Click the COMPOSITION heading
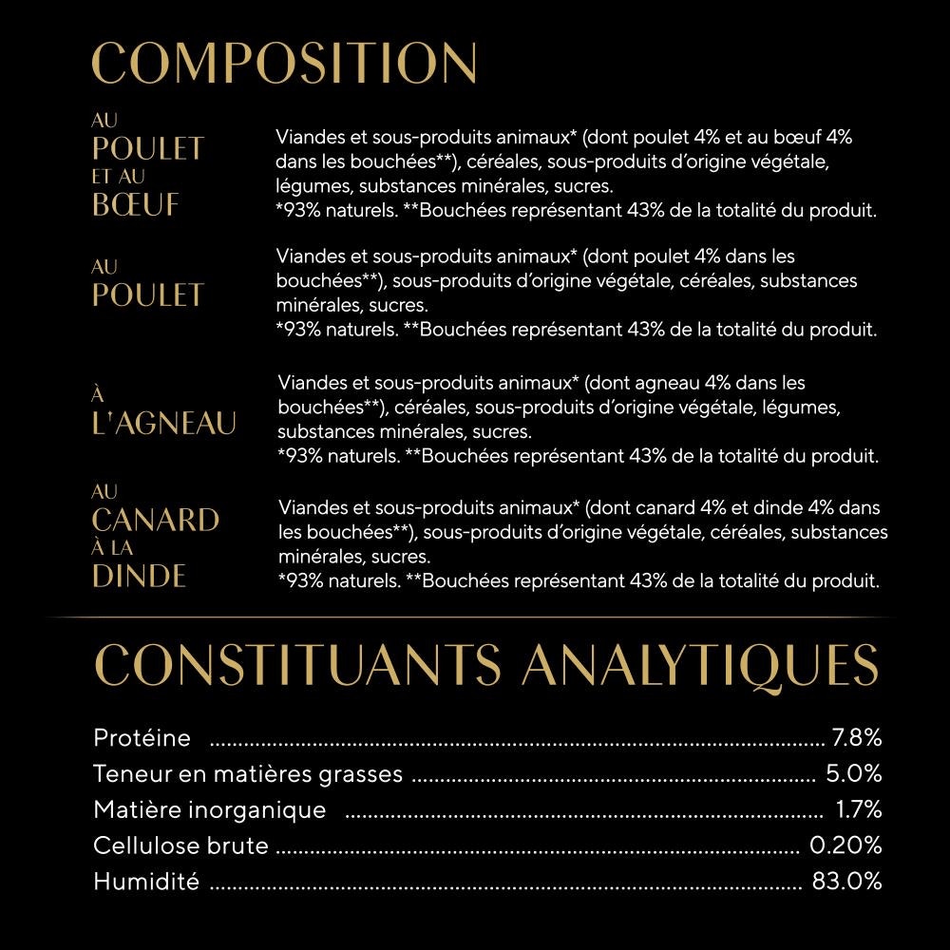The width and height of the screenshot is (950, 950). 284,64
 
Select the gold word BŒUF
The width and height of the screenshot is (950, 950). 136,205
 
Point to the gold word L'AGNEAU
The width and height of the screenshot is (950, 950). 164,424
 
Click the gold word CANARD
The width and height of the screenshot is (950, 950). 156,521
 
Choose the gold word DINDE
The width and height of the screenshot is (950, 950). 140,577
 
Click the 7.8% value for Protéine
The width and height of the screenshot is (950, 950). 857,737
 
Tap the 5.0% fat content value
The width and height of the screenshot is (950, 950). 854,773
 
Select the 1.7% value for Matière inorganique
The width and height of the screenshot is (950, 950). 859,809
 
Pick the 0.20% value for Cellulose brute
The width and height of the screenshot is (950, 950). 845,845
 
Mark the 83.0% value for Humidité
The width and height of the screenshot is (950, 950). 846,881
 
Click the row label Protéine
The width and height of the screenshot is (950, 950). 142,737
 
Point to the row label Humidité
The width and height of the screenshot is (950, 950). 146,881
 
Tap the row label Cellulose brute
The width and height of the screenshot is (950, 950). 180,845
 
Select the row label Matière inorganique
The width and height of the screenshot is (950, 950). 209,809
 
